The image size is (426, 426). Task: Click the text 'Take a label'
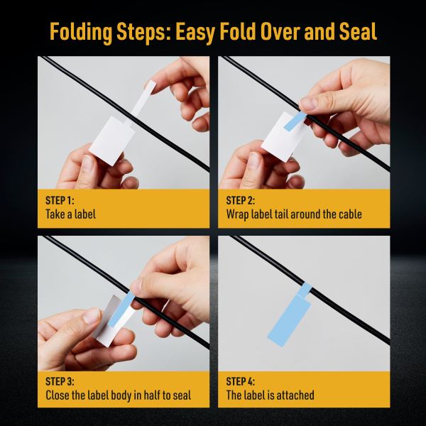coord(70,214)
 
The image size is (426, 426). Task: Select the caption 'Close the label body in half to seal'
coord(118,395)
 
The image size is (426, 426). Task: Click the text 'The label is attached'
coord(270,395)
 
